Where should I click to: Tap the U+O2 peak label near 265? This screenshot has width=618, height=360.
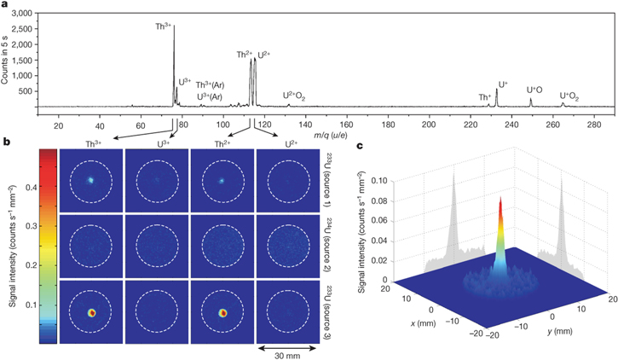[x=569, y=96]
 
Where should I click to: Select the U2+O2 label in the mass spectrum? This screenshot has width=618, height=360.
[x=299, y=96]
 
